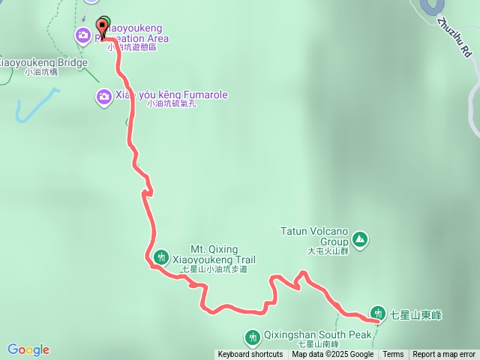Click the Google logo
coord(28,349)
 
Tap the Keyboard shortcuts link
coord(250,355)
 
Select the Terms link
coord(393,355)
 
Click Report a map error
coord(444,355)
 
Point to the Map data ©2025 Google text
coord(332,355)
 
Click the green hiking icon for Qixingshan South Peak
coord(253,336)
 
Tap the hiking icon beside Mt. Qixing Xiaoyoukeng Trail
coord(160,257)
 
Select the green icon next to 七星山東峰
coord(377,313)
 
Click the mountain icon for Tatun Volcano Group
coord(361,239)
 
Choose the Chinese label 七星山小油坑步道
coord(214,269)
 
